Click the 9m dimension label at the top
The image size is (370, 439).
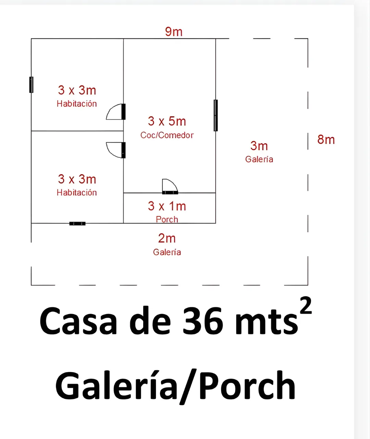coord(174,32)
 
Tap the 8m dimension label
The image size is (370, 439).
coord(326,140)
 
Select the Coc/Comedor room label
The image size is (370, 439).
coord(167,135)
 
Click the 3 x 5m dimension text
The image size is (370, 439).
coord(167,121)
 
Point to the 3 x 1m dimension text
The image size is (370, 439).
coord(167,206)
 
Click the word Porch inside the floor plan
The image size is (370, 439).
coord(167,219)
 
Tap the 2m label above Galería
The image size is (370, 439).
coord(167,238)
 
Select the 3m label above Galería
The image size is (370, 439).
coord(259,146)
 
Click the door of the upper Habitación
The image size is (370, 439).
coord(116,112)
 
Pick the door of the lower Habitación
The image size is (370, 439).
coord(116,150)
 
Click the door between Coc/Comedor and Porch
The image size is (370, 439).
coord(170,187)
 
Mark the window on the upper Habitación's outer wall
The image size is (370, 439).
coord(31,85)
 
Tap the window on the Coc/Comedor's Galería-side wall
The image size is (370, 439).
coord(215,116)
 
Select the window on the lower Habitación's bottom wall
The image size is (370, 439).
coord(77,224)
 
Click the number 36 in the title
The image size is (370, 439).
coord(202,320)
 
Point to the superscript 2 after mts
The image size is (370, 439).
coord(306,306)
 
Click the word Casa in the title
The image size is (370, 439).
coord(78,320)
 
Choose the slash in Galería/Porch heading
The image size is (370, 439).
coord(188,387)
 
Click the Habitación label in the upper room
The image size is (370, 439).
coord(77,104)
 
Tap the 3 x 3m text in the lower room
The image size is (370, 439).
coord(77,179)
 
